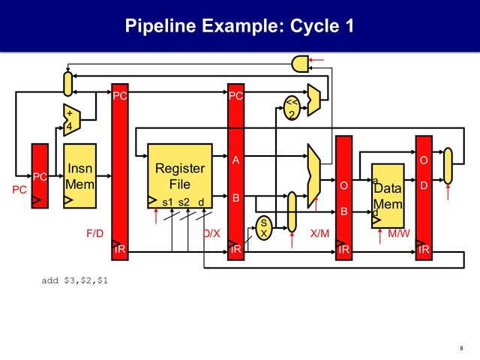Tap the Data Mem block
point(388,195)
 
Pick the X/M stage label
point(319,233)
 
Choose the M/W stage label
point(398,233)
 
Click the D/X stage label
point(211,233)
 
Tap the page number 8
point(460,347)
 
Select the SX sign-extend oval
point(263,228)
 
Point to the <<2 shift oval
point(291,108)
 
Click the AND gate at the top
point(301,64)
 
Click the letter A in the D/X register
point(235,160)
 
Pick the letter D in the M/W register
point(424,185)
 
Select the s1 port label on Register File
point(167,202)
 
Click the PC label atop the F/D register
point(119,96)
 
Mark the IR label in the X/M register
point(343,249)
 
